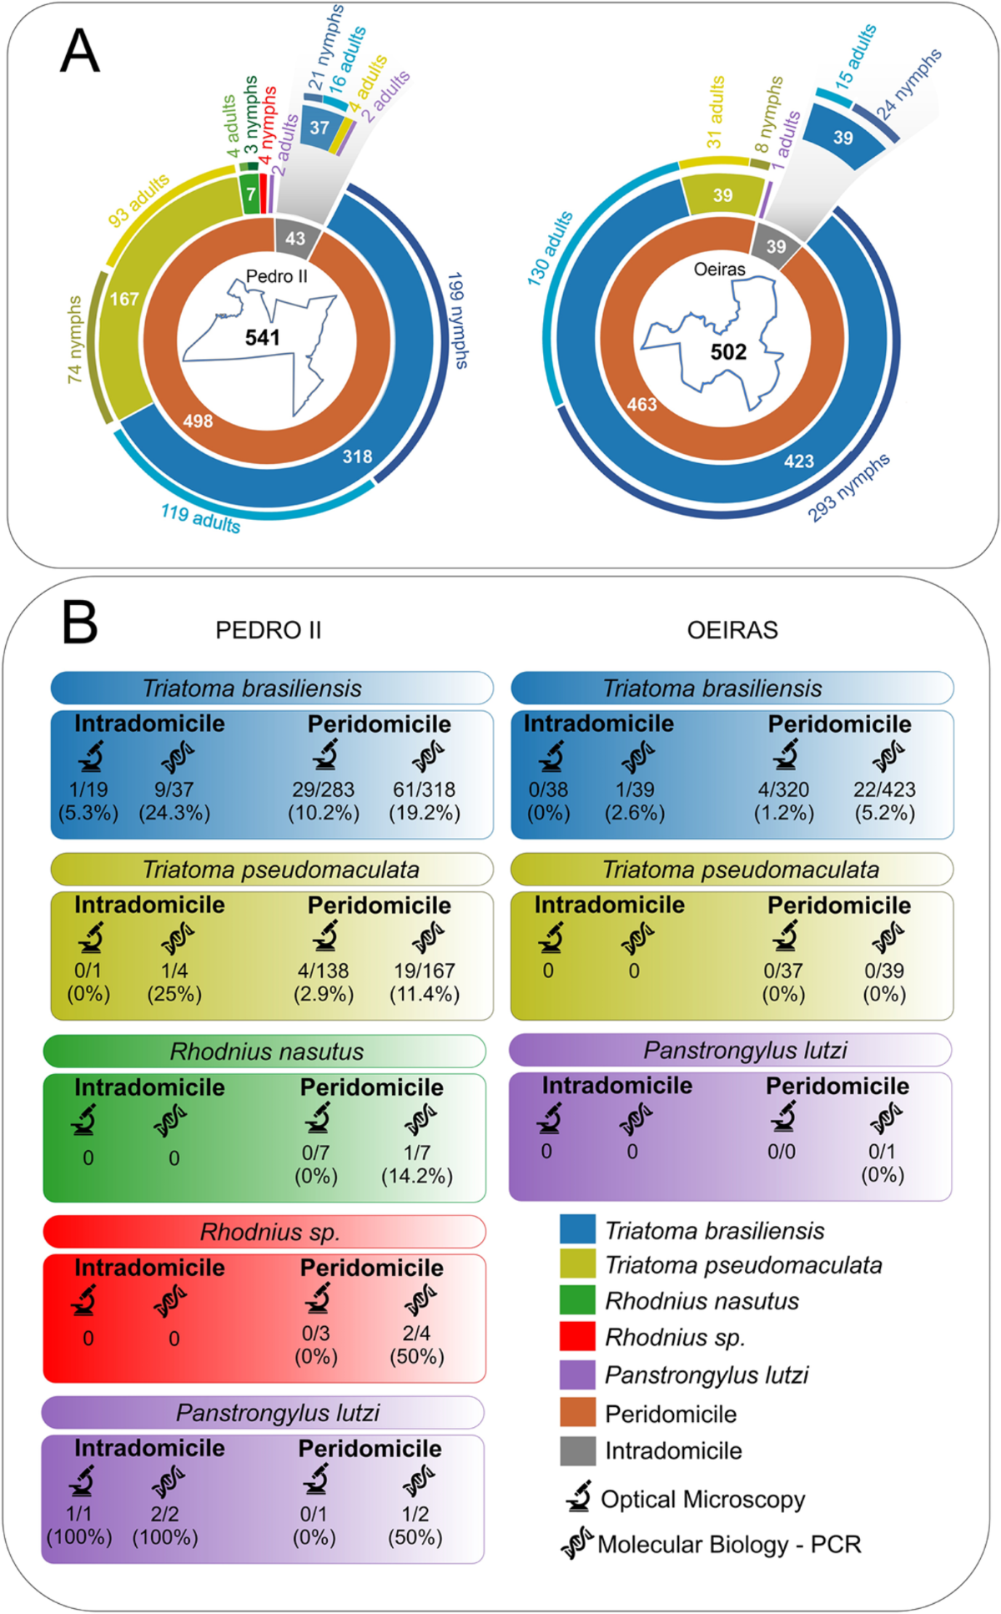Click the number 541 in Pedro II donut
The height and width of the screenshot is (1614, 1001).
[x=262, y=338]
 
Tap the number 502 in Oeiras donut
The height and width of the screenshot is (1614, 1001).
[x=727, y=352]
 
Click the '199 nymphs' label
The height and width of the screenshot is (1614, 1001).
[x=457, y=320]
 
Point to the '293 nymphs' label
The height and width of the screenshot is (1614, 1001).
[x=849, y=488]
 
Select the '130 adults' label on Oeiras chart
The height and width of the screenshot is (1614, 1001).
[x=550, y=249]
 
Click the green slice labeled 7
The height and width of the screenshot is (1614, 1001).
[x=250, y=194]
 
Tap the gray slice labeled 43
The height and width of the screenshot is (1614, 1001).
[x=295, y=239]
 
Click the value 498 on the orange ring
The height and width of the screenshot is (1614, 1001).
[x=198, y=421]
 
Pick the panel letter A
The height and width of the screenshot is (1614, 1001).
[x=80, y=52]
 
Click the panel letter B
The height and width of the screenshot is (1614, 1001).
[x=80, y=623]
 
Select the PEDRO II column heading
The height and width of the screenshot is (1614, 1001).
[x=268, y=630]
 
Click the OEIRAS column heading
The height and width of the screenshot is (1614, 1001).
[x=732, y=630]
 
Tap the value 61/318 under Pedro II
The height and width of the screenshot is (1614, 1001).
[x=424, y=789]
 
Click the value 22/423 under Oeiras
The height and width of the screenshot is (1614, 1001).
[x=884, y=789]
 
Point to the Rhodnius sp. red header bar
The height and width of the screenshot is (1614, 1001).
[x=264, y=1232]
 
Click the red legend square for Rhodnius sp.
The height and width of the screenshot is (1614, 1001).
[x=577, y=1336]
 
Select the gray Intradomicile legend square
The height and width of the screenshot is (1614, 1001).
[x=577, y=1450]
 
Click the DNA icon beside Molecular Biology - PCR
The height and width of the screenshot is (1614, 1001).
[x=576, y=1544]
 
